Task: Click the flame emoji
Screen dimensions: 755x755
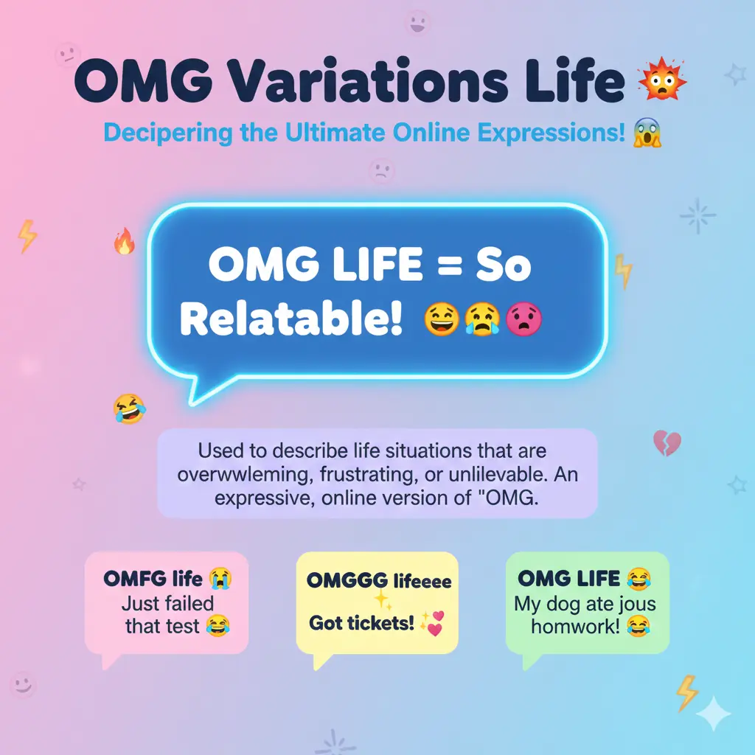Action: (x=124, y=242)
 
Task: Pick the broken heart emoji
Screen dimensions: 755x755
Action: (x=667, y=443)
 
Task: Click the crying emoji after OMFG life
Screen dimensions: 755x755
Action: (x=220, y=578)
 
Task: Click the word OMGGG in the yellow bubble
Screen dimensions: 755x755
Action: (x=346, y=580)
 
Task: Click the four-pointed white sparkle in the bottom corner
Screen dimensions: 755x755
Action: (x=714, y=712)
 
